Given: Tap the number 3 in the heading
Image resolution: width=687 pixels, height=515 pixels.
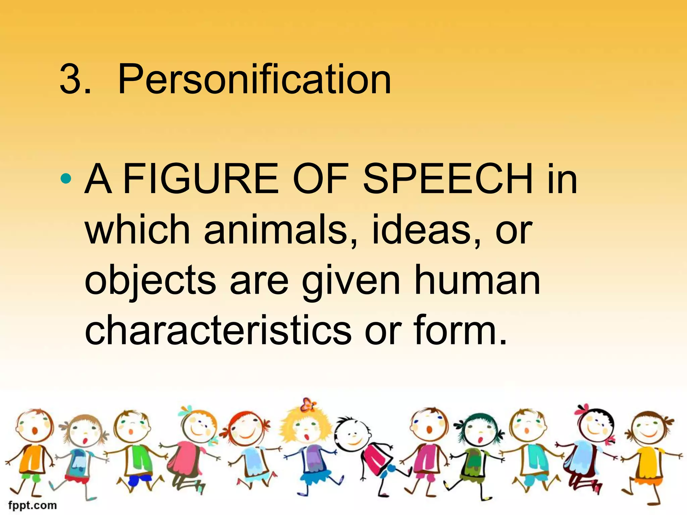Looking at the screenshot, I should coord(71,80).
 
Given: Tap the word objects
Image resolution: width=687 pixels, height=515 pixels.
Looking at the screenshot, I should coord(150,281).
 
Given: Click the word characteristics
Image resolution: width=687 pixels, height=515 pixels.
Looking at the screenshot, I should coord(218,330).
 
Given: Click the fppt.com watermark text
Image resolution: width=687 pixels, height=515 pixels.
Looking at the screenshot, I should coord(33,505).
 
